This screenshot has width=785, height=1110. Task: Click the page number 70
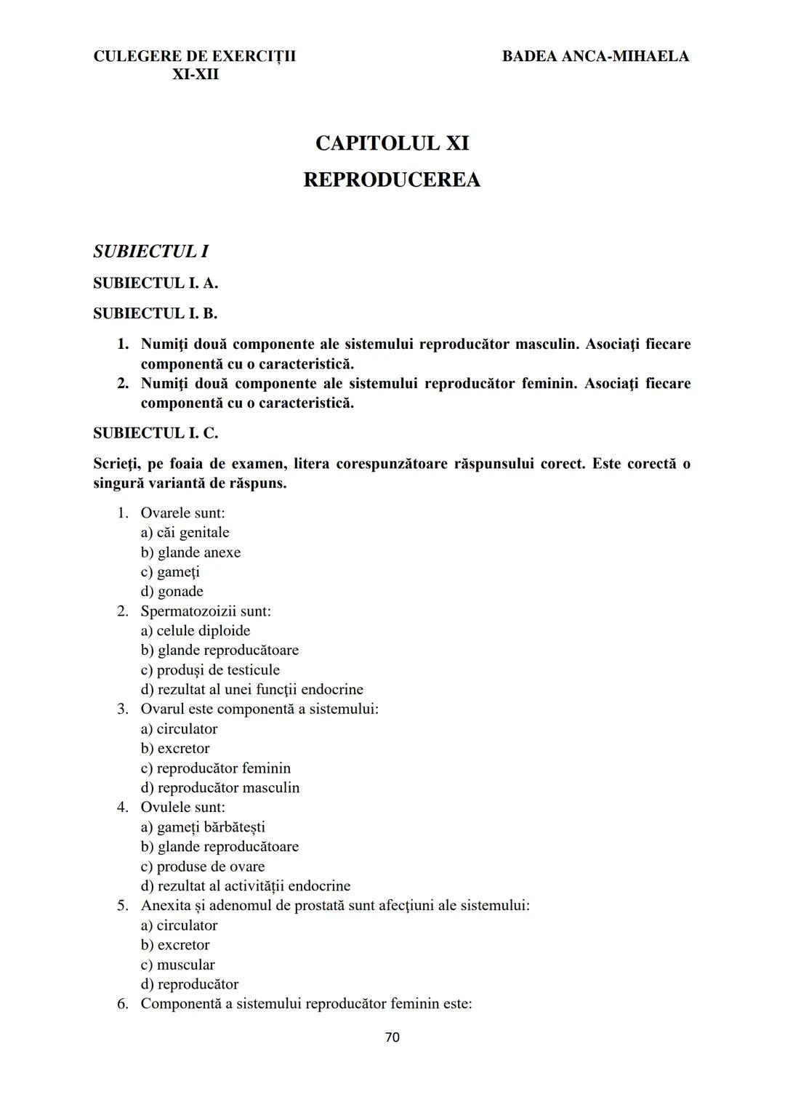coord(392,1037)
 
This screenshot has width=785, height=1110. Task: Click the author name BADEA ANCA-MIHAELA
coord(595,56)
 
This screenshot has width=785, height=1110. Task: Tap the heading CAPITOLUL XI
coord(392,143)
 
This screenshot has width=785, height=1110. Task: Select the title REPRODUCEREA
coord(392,180)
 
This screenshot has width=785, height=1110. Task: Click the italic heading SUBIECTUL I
coord(150,252)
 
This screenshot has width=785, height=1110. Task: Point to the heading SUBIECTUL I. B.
coord(155,313)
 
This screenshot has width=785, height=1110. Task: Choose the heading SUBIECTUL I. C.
coord(155,433)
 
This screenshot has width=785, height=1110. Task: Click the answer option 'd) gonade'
coord(172,592)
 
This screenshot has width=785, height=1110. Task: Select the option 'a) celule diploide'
coord(196,631)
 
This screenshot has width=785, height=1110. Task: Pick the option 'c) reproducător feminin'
coord(216,768)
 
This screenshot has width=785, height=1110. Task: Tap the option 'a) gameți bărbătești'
coord(203,827)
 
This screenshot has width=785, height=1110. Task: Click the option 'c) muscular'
coord(178,965)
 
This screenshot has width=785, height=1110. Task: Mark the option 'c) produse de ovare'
coord(203,866)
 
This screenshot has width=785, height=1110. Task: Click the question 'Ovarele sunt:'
coord(182,513)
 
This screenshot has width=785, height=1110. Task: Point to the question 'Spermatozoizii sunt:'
coord(206,611)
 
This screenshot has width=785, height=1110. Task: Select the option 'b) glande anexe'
coord(190,552)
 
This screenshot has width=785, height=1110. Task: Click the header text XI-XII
coord(195,74)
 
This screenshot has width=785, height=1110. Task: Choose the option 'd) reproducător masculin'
coord(220,788)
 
